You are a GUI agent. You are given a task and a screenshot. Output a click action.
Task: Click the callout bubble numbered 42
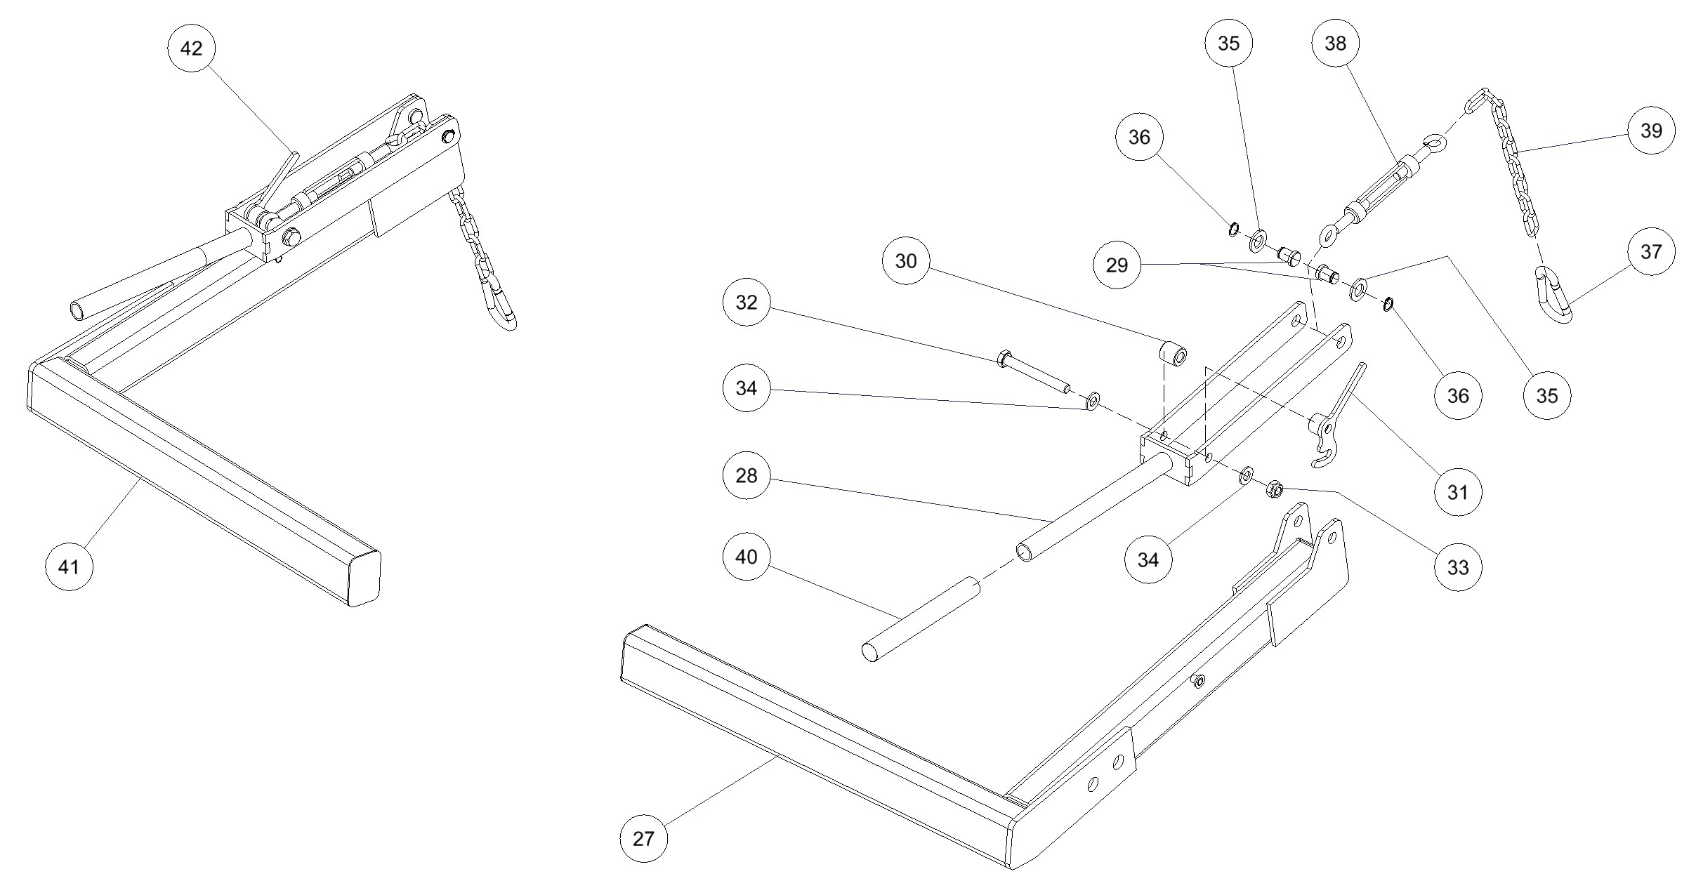coord(191,48)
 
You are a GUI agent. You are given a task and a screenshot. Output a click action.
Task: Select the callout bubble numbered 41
coord(69,566)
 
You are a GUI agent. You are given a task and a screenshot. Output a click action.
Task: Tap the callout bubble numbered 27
coord(643,838)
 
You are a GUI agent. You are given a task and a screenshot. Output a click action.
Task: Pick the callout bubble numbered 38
coord(1335,44)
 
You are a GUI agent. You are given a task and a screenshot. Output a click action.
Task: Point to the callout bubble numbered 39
coord(1651,131)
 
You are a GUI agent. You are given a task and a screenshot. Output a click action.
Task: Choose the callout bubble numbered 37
coord(1651,251)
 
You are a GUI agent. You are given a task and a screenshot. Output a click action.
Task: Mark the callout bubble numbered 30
coord(906,261)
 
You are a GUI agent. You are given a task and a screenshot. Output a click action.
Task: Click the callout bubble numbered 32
coord(747,303)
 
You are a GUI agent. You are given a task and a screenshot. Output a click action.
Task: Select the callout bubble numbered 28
coord(747,476)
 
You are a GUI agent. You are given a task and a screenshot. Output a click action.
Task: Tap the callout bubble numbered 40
coord(747,557)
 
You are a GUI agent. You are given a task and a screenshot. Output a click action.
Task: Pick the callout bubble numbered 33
coord(1458,567)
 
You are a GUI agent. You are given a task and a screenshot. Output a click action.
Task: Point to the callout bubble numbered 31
coord(1458,492)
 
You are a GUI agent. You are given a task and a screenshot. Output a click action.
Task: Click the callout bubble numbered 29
coord(1117,265)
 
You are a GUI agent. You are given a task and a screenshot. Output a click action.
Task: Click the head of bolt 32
coord(1002,359)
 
